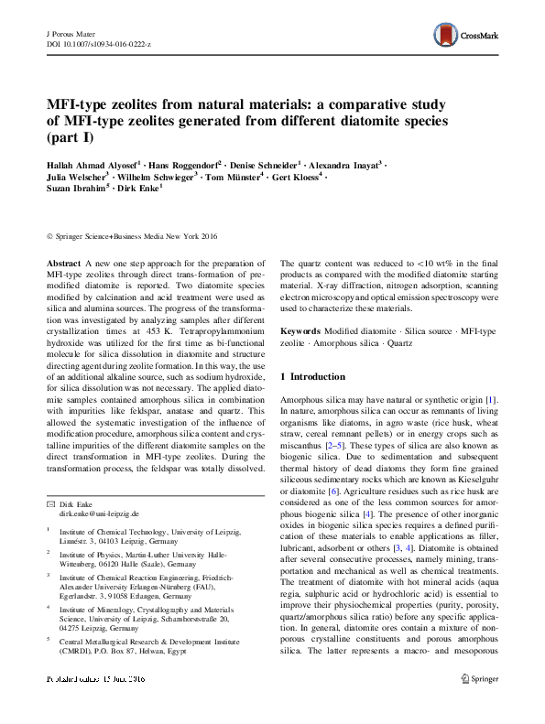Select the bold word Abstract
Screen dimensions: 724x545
pyautogui.click(x=64, y=262)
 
